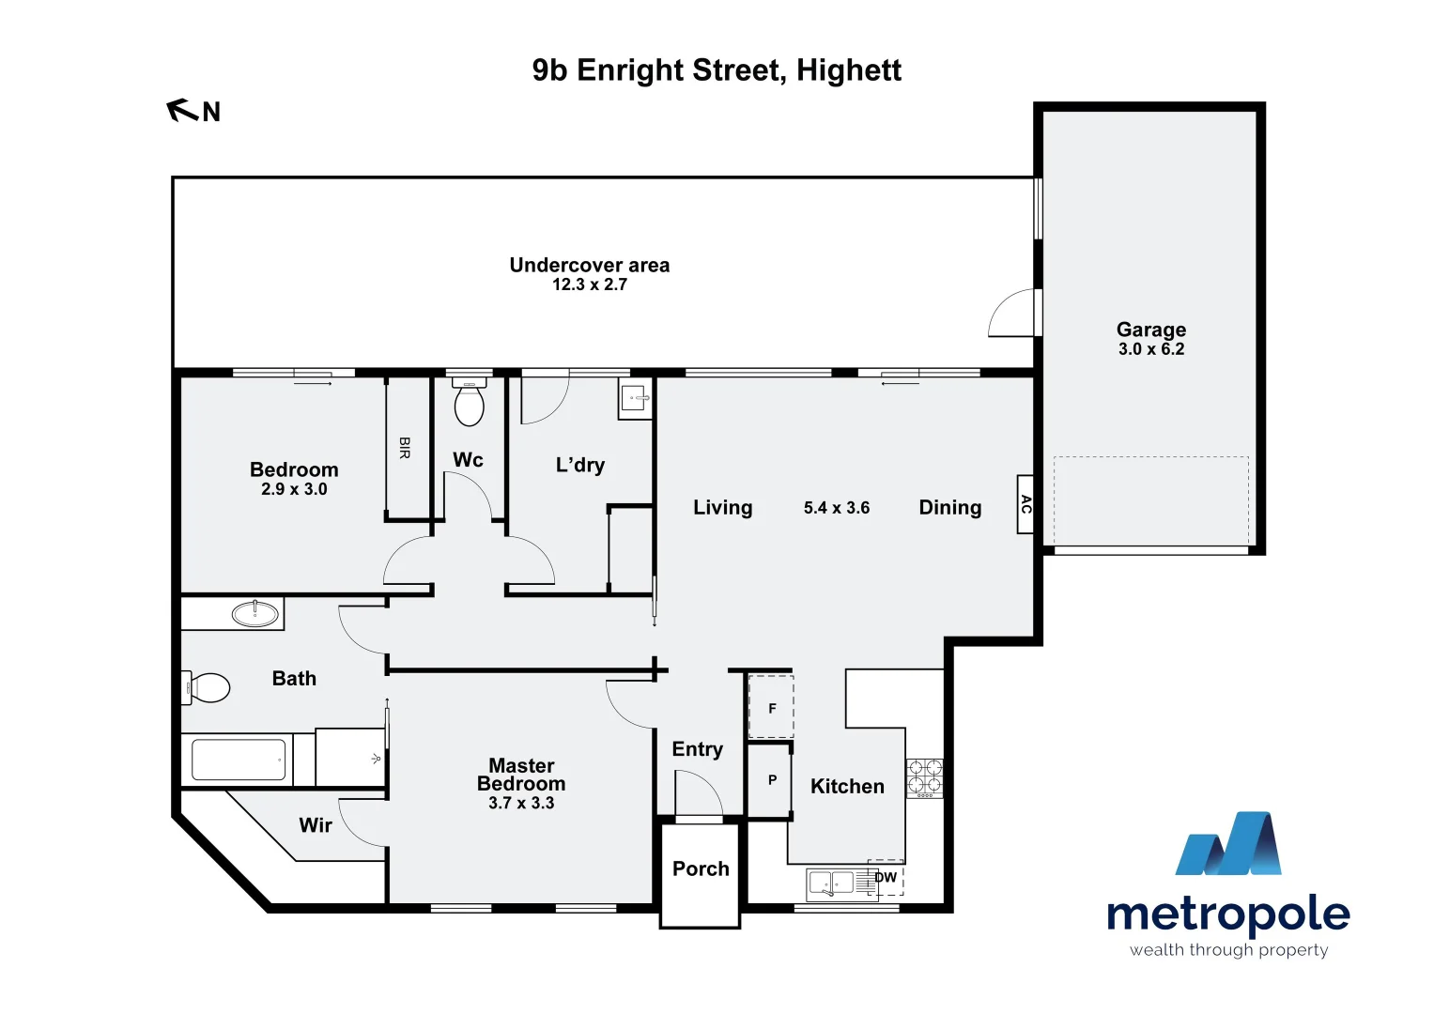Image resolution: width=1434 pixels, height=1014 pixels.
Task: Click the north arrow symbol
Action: [181, 111]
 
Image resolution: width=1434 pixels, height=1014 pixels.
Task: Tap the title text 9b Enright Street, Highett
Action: [717, 70]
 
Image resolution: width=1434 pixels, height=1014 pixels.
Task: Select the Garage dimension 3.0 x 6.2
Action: [1150, 349]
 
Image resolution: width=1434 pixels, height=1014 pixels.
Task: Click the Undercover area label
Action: [589, 265]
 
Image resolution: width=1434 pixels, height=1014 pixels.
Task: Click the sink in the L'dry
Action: [636, 399]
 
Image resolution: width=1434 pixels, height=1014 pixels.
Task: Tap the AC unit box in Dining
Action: [1025, 504]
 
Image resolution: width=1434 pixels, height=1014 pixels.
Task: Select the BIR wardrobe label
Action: [405, 448]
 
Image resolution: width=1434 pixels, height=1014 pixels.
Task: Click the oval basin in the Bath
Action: [255, 614]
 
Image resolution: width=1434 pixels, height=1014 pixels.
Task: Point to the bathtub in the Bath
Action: [239, 760]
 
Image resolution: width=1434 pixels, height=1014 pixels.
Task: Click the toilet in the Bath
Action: [208, 687]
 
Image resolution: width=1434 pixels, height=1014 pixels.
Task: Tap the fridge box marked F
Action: [771, 708]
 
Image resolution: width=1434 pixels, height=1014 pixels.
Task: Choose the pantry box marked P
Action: [771, 779]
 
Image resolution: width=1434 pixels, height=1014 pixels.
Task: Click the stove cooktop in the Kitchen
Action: [924, 778]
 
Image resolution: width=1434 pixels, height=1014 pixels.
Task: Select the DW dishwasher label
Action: [887, 878]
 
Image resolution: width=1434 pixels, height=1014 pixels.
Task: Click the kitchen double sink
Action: [831, 883]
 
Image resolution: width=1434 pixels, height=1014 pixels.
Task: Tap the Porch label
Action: [701, 868]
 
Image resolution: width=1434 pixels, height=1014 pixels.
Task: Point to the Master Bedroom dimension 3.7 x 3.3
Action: [521, 804]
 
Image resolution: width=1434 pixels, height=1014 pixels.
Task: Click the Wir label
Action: [316, 825]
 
